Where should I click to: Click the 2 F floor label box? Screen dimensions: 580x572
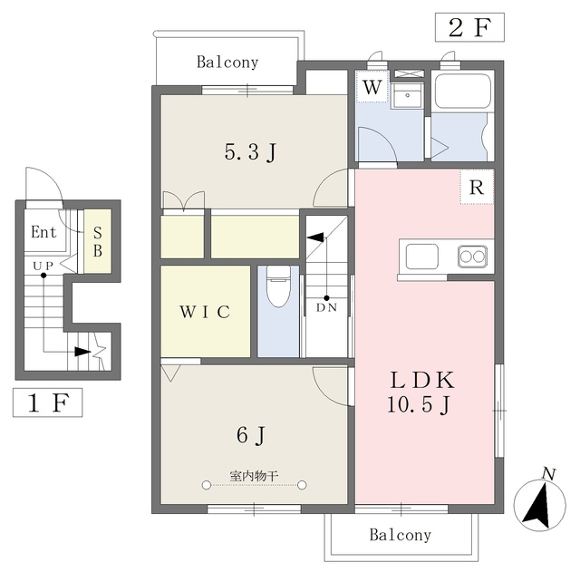point(469,27)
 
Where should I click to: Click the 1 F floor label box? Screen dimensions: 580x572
point(48,402)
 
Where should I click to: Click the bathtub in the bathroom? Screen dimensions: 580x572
point(463,92)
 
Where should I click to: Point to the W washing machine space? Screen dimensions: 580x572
point(372,86)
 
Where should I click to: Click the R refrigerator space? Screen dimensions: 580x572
point(477,187)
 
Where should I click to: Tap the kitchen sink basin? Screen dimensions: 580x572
point(421,257)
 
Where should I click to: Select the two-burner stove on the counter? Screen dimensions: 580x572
point(472,256)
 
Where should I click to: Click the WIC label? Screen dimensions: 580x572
point(205,312)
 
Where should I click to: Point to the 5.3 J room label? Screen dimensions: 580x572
point(250,152)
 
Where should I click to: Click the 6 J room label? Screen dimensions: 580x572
point(251,435)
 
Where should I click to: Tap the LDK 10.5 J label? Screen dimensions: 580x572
point(420,392)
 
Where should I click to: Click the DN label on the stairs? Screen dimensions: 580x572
point(326,307)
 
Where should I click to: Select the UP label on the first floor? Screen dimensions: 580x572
point(43,266)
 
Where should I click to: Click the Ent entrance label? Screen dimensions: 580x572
point(43,232)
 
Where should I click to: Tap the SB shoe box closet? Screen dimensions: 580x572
point(98,241)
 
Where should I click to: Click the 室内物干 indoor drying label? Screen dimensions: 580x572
point(254,476)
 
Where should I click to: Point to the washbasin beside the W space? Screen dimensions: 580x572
point(407,95)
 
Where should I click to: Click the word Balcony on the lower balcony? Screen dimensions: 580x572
point(401,535)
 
